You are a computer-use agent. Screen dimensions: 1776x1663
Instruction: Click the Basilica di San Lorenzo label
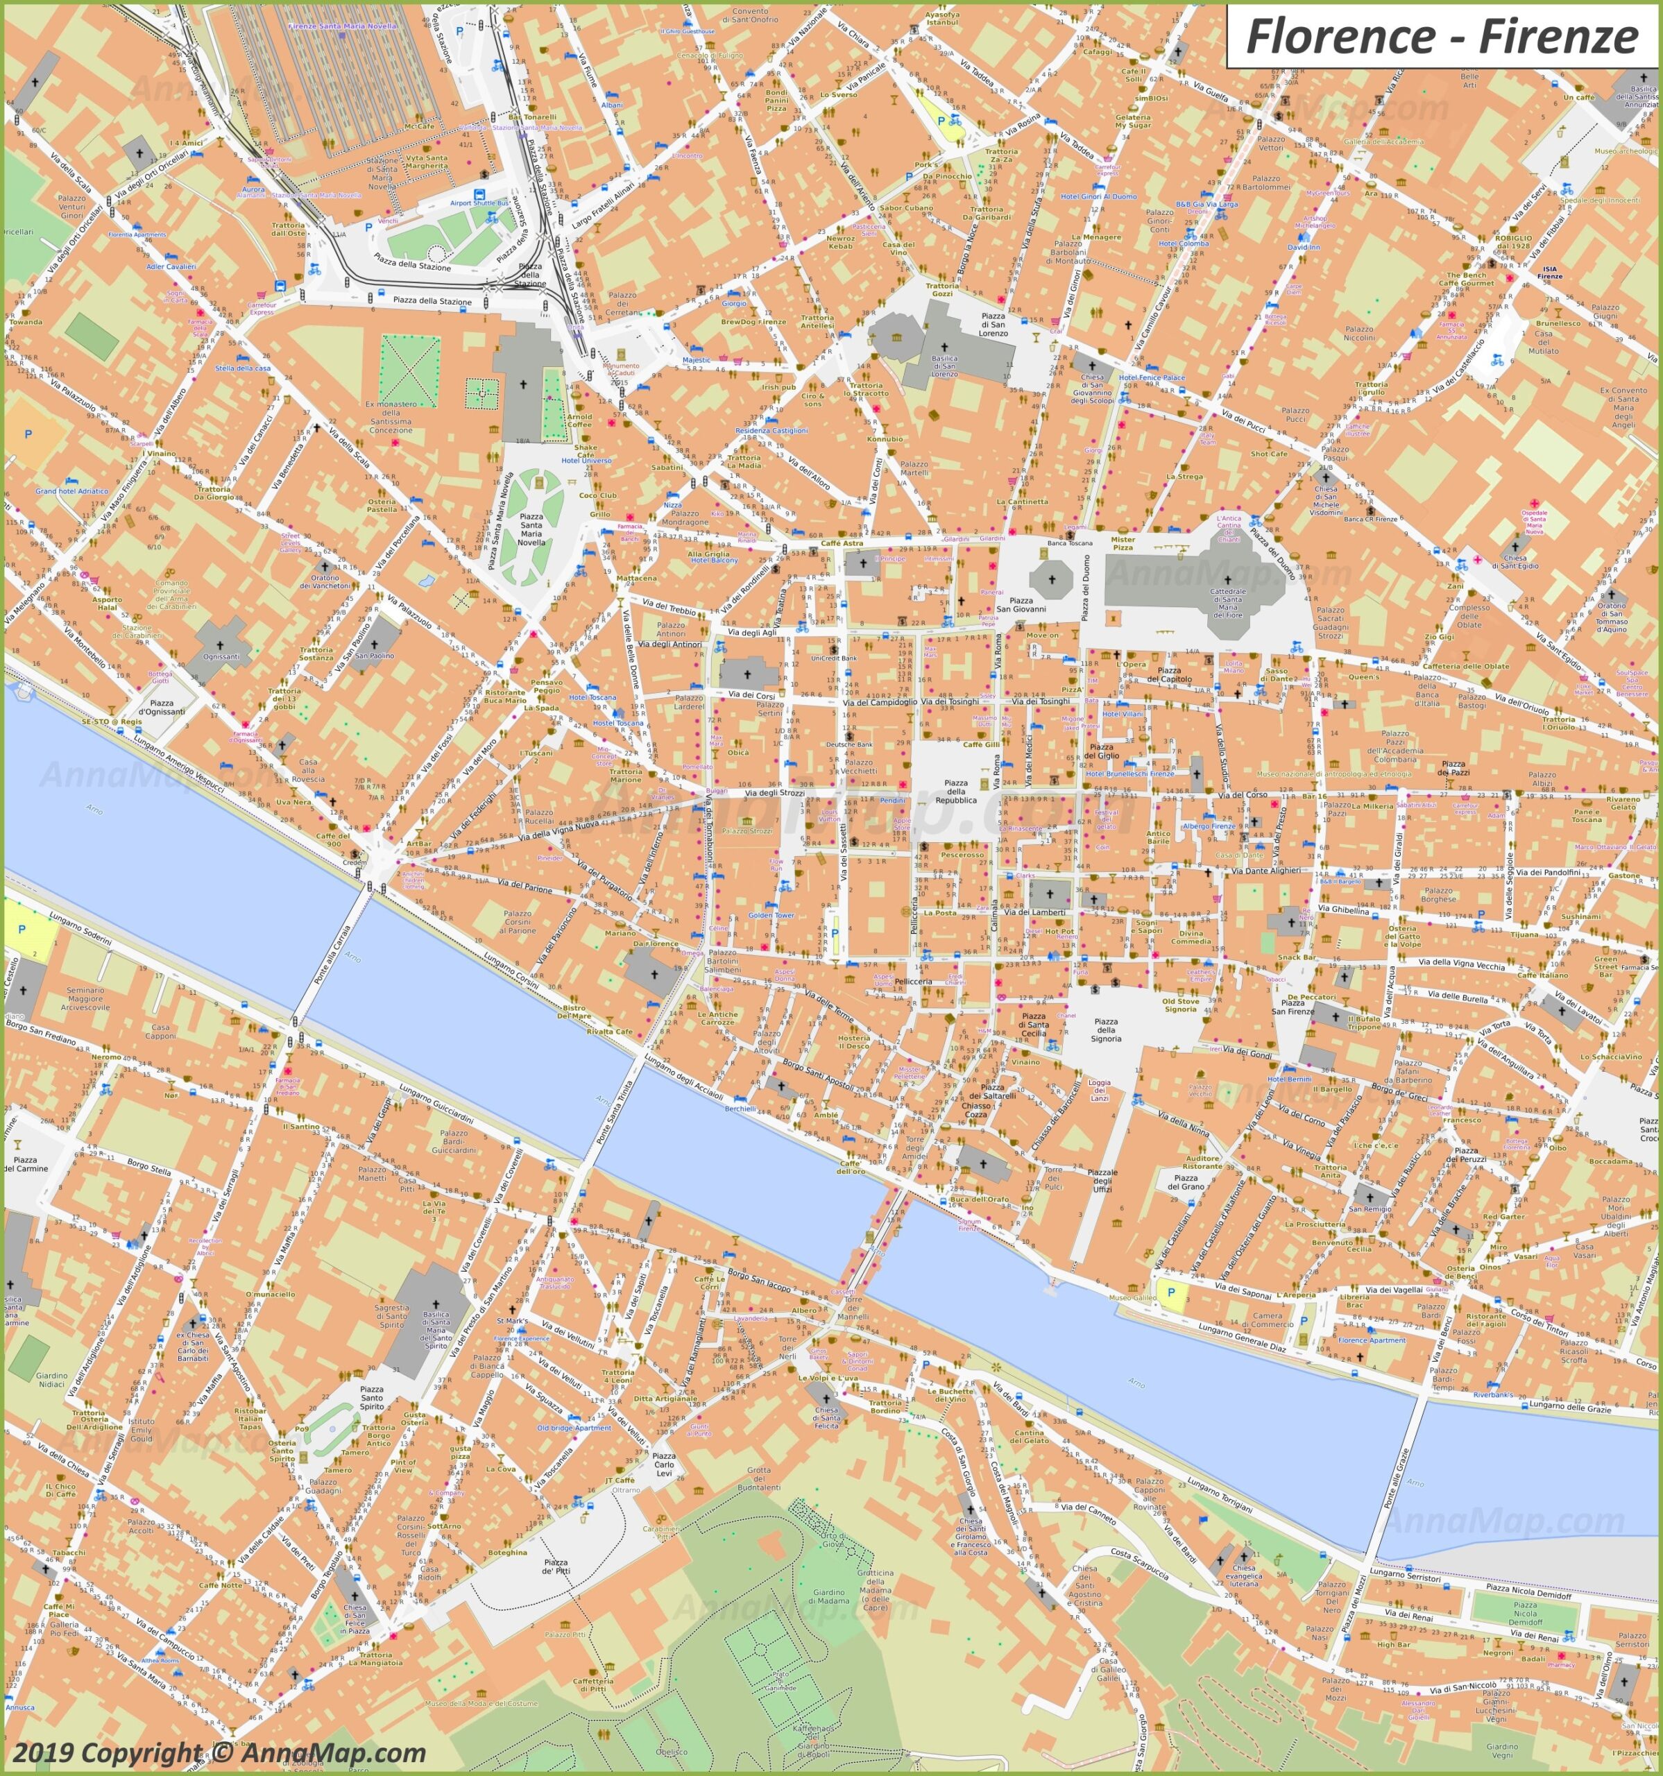pos(944,366)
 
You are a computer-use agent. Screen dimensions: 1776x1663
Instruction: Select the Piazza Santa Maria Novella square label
pos(531,530)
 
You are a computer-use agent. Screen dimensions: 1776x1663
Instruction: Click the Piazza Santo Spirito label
pos(372,1398)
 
